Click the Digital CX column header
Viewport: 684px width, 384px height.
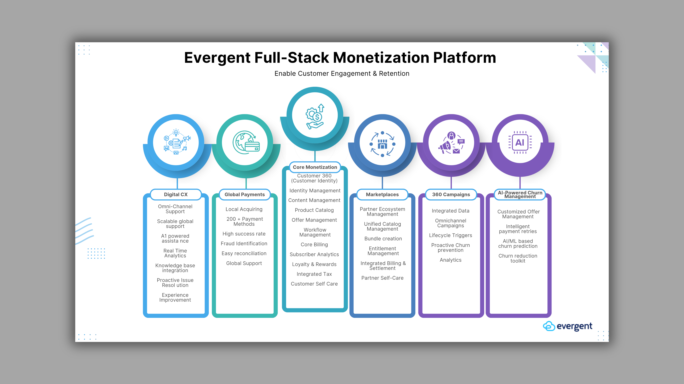(176, 195)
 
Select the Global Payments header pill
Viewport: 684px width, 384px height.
(245, 195)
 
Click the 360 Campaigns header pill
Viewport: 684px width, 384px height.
(451, 195)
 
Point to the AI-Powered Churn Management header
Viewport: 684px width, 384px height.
(520, 195)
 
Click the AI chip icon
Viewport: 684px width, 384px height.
(520, 143)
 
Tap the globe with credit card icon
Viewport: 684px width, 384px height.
(246, 143)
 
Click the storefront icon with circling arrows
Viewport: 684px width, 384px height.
(382, 144)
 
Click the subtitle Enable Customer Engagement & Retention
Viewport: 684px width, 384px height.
(342, 74)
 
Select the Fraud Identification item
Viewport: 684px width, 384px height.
(244, 243)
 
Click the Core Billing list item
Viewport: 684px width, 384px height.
(314, 245)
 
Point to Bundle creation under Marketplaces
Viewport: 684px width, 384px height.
(383, 239)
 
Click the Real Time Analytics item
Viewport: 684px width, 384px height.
(175, 253)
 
